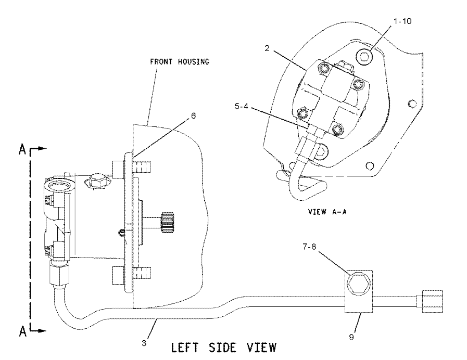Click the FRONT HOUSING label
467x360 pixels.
pos(179,61)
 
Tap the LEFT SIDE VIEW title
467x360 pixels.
pos(224,348)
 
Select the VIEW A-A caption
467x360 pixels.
pos(327,212)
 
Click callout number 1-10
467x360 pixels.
pos(402,21)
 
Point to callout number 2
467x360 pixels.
pos(267,48)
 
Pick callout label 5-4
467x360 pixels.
pos(241,106)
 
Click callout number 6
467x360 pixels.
pos(193,115)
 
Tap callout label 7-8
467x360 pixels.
pos(309,247)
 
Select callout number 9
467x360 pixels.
pos(351,337)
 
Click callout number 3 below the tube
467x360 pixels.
pos(144,343)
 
